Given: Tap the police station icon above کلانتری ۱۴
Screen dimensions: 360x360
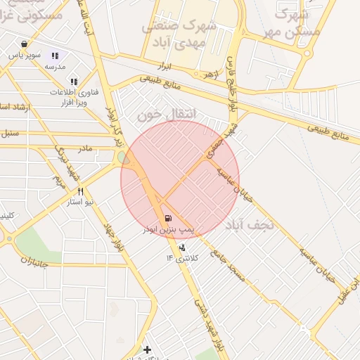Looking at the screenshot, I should click(x=183, y=247).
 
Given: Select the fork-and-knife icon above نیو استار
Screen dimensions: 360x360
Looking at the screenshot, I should click(x=81, y=191).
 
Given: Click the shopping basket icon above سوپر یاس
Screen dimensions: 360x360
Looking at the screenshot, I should click(x=25, y=44).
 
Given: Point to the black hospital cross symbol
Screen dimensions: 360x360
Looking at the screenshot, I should click(x=147, y=349).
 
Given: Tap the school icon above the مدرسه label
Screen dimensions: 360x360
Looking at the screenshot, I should click(x=54, y=56).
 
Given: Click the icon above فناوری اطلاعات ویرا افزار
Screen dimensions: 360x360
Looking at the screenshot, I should click(x=74, y=82).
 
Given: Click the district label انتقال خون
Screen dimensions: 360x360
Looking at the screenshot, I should click(x=167, y=114).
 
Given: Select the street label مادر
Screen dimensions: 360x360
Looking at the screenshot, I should click(x=85, y=149).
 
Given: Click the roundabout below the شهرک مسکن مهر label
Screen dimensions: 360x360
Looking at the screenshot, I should click(x=306, y=52).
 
